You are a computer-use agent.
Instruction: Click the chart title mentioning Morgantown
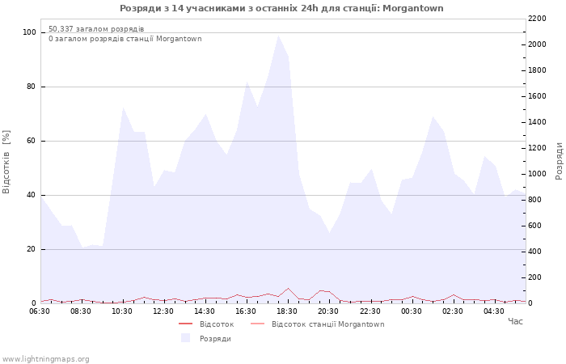pyautogui.click(x=281, y=8)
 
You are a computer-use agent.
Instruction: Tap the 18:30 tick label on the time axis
pyautogui.click(x=287, y=311)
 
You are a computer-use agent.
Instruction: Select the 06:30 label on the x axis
pyautogui.click(x=40, y=311)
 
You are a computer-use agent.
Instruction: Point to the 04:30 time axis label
pyautogui.click(x=493, y=311)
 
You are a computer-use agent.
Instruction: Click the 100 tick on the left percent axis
pyautogui.click(x=30, y=32)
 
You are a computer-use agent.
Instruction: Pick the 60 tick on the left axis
pyautogui.click(x=31, y=141)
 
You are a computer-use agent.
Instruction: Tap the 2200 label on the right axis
pyautogui.click(x=537, y=19)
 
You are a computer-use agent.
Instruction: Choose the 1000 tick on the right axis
pyautogui.click(x=537, y=174)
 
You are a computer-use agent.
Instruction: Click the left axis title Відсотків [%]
pyautogui.click(x=6, y=162)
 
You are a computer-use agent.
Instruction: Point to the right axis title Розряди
pyautogui.click(x=559, y=161)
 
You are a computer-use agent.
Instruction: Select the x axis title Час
pyautogui.click(x=515, y=321)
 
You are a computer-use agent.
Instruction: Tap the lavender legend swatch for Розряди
pyautogui.click(x=185, y=338)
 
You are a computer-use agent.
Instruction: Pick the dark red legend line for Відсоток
pyautogui.click(x=185, y=324)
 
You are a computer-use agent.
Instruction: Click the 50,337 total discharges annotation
pyautogui.click(x=96, y=29)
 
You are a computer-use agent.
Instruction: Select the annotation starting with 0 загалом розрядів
pyautogui.click(x=125, y=39)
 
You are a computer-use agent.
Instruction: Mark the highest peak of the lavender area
pyautogui.click(x=278, y=36)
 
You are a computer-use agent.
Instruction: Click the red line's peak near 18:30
pyautogui.click(x=288, y=289)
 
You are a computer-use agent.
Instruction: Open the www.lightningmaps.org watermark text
pyautogui.click(x=45, y=359)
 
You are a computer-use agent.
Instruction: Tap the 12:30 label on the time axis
pyautogui.click(x=163, y=311)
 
